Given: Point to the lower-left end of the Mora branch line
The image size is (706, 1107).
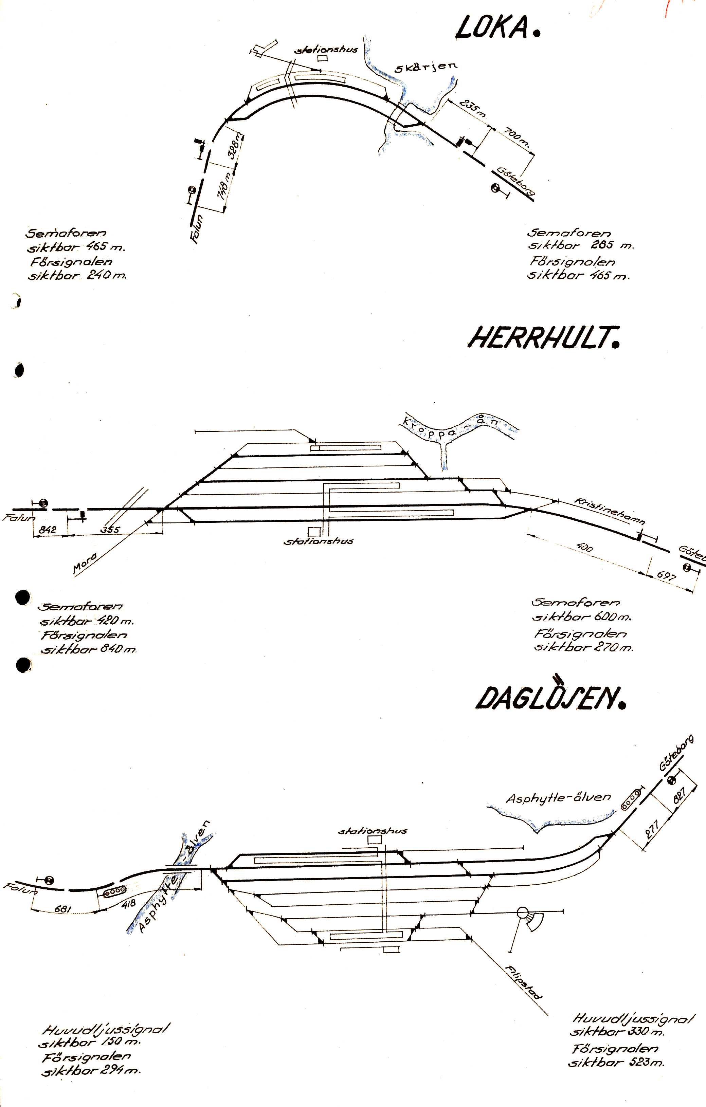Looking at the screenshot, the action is (x=74, y=577).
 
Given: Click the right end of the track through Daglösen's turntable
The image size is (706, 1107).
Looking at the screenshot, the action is (x=563, y=911).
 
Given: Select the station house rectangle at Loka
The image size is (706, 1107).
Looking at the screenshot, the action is (x=322, y=58).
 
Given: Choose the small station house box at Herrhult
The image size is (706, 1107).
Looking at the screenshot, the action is (x=314, y=531).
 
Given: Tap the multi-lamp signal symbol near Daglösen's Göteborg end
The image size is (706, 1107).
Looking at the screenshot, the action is (x=631, y=800).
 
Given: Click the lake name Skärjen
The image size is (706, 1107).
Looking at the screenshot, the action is (x=426, y=67).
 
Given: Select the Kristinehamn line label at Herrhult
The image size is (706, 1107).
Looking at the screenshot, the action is (x=610, y=511).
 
